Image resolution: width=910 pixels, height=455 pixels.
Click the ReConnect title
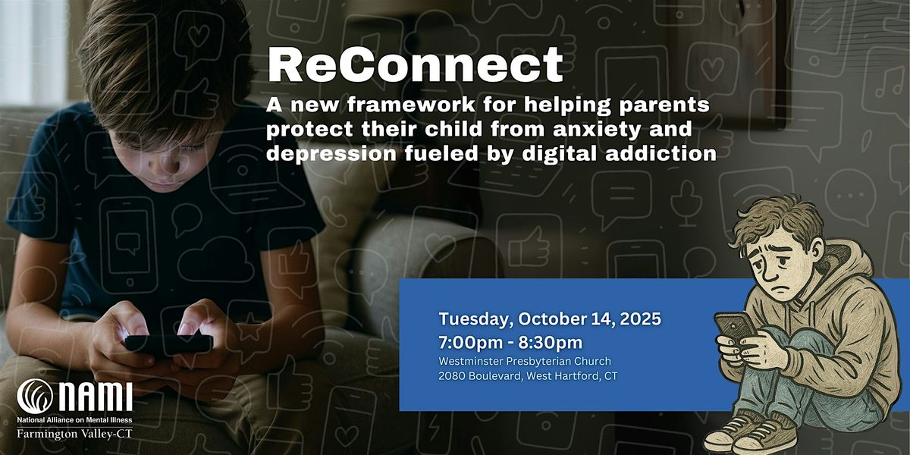point(416,65)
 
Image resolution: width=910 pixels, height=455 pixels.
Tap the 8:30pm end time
point(551,343)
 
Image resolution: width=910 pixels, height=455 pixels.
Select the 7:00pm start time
point(471,343)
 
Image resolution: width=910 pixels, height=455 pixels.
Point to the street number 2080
point(452,376)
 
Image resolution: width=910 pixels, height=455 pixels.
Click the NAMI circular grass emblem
point(35,397)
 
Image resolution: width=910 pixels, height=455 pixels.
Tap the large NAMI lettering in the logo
point(96,397)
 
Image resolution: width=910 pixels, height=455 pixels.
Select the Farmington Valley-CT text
point(75,434)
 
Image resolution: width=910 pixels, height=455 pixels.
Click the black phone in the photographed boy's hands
point(168,344)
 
